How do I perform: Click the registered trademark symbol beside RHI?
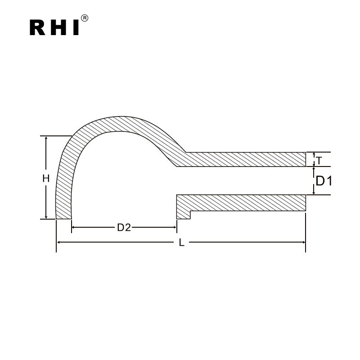pos(85,18)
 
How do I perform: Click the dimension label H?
pos(45,179)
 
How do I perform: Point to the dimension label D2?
pos(124,228)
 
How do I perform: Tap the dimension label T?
pos(319,160)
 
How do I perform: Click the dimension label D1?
pos(324,181)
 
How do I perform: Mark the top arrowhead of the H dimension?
pos(45,139)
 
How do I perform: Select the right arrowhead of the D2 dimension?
pos(174,228)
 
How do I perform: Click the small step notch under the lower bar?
pos(183,215)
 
